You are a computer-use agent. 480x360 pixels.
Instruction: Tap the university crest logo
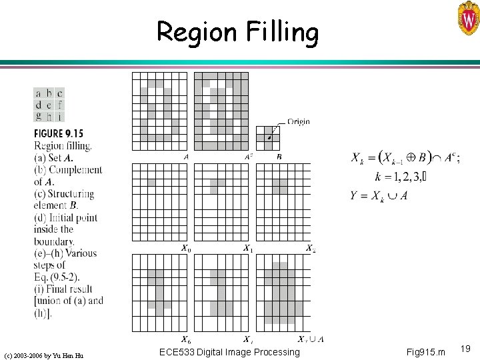tap(467, 18)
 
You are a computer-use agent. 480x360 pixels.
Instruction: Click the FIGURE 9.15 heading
tap(64, 133)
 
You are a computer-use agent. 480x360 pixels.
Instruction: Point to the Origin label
tap(298, 122)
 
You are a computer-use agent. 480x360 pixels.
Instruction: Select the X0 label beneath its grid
tap(186, 249)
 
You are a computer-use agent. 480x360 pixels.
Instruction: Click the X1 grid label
tap(247, 249)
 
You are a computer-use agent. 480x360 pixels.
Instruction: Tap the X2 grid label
tap(310, 249)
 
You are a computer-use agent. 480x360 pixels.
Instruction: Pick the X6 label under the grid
tap(186, 339)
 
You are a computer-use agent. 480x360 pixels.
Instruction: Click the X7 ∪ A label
tap(311, 339)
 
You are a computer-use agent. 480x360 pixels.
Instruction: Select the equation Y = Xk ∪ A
tap(380, 195)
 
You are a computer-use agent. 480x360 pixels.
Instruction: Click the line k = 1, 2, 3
tap(401, 178)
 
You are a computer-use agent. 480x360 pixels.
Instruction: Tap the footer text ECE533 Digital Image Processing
tap(230, 351)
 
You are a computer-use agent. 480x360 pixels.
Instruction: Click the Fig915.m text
tap(422, 351)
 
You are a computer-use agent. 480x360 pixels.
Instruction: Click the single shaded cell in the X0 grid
tap(151, 183)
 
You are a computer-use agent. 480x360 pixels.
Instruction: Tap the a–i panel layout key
tap(49, 105)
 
